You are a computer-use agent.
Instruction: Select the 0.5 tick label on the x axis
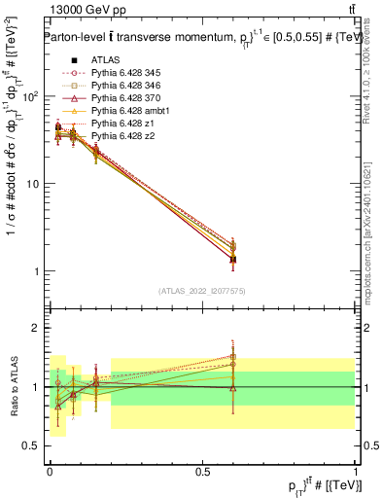tap(202, 471)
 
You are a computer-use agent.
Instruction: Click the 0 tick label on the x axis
tap(50, 471)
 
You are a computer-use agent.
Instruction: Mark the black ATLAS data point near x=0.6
tap(232, 259)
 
